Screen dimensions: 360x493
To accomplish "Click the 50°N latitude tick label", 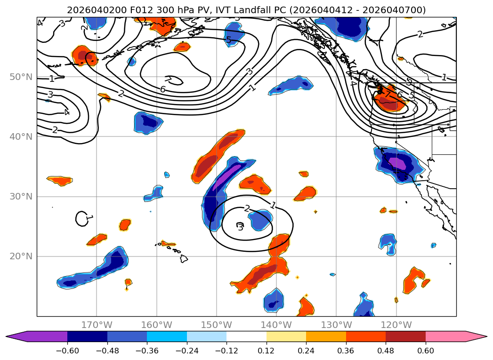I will pyautogui.click(x=21, y=77).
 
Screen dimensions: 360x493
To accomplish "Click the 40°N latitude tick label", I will pyautogui.click(x=21, y=136).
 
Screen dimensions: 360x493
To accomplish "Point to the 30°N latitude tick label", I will pyautogui.click(x=21, y=196).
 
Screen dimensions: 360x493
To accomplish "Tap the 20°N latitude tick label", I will pyautogui.click(x=21, y=256).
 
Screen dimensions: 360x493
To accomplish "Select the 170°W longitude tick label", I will pyautogui.click(x=97, y=325).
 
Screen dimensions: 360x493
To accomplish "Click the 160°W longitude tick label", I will pyautogui.click(x=157, y=325).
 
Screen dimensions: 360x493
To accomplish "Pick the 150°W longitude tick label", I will pyautogui.click(x=217, y=325).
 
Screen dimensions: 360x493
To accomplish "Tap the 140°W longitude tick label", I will pyautogui.click(x=276, y=325).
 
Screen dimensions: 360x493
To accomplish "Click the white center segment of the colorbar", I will pyautogui.click(x=246, y=336).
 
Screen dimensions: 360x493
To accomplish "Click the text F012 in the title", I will pyautogui.click(x=128, y=10).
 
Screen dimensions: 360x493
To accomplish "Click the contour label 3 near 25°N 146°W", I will pyautogui.click(x=240, y=228).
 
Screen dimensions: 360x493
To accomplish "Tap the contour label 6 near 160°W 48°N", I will pyautogui.click(x=163, y=89).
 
